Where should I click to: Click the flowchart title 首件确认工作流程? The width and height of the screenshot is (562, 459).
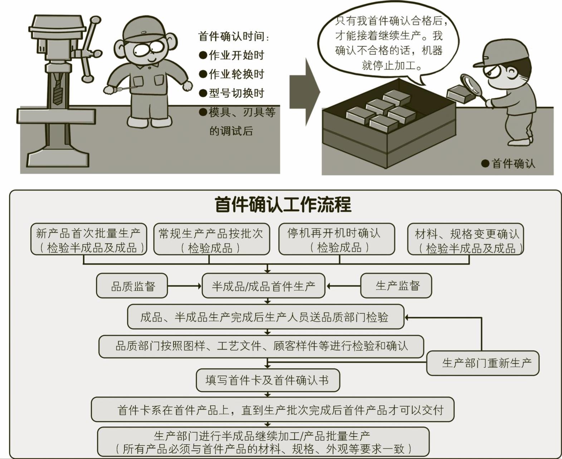(283, 205)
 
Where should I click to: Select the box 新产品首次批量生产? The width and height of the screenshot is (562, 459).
(89, 239)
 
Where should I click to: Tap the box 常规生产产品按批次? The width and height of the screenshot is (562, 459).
(212, 239)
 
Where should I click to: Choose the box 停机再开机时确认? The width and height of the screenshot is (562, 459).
(337, 239)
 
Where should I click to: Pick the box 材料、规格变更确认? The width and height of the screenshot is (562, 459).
(465, 239)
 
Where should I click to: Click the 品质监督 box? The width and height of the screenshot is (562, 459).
(132, 286)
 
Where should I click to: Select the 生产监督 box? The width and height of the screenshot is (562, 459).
(396, 286)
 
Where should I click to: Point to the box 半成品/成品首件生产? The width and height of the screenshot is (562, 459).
(264, 286)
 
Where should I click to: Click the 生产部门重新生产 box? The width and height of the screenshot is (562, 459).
(483, 363)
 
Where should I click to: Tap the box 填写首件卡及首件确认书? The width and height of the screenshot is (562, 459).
(268, 380)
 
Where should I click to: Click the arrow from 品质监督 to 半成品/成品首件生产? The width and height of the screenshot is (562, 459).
(185, 286)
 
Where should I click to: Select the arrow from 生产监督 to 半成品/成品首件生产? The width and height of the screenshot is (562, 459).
(343, 286)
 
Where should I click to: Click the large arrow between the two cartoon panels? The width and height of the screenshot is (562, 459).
(304, 92)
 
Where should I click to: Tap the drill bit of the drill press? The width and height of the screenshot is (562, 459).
(58, 90)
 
